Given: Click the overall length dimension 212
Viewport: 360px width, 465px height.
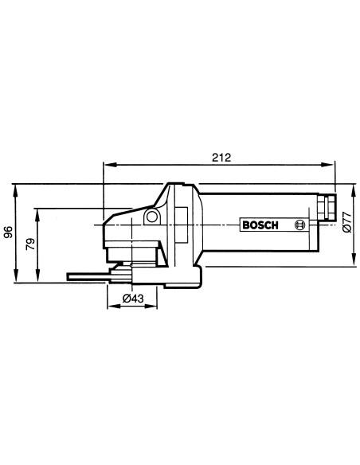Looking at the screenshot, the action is [x=221, y=157].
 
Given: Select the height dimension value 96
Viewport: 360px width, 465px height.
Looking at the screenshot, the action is [x=9, y=232].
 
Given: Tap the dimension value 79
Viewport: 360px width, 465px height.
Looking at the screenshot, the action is [x=30, y=244].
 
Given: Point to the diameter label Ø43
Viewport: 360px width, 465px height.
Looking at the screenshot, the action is [x=133, y=298].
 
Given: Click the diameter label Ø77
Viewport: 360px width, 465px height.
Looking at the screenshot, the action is [x=347, y=222].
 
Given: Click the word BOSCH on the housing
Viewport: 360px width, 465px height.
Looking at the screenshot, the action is [x=260, y=225].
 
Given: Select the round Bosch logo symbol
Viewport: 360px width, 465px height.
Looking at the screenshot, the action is [x=299, y=225].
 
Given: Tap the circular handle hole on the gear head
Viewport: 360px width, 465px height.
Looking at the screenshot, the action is [x=152, y=217].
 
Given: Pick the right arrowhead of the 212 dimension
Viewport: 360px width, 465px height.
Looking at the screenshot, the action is [x=329, y=165].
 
